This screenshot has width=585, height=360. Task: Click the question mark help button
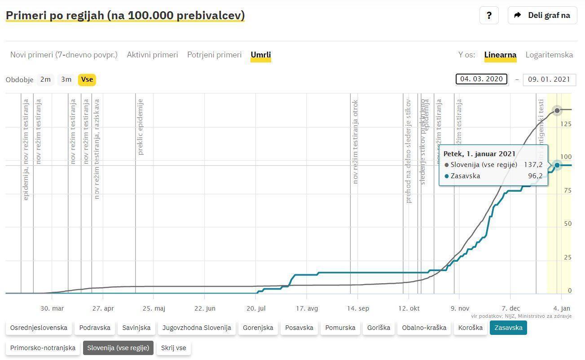[x=489, y=15]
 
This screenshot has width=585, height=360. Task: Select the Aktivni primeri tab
[x=152, y=55]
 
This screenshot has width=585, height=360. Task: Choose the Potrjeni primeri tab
[x=214, y=55]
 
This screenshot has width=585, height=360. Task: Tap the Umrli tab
[x=261, y=55]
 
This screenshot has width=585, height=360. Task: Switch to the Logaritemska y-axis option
[x=549, y=55]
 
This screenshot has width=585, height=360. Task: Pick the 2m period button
[x=45, y=79]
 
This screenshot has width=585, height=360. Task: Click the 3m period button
[x=66, y=79]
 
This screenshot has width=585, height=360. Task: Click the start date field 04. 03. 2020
[x=481, y=79]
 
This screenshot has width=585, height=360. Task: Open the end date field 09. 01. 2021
[x=549, y=79]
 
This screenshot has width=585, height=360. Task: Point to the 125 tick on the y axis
[x=565, y=124]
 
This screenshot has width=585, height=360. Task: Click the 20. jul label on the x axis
[x=256, y=308]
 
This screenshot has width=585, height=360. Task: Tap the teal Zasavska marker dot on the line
[x=557, y=165]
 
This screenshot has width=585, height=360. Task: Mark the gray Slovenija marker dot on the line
[x=557, y=110]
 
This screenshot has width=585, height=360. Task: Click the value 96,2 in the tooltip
[x=535, y=176]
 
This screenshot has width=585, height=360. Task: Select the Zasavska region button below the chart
[x=508, y=328]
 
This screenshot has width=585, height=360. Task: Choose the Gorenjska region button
[x=258, y=328]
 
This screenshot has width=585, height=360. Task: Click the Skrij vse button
[x=173, y=348]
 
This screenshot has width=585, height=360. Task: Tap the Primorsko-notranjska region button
[x=43, y=348]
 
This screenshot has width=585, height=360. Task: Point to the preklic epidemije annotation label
[x=141, y=127]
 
